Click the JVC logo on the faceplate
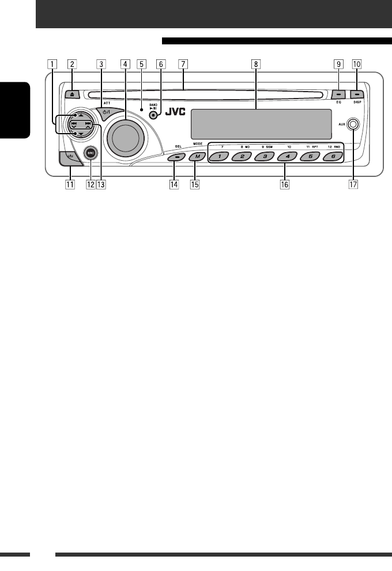click(174, 113)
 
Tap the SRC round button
click(89, 153)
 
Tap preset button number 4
click(286, 156)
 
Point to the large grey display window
click(255, 122)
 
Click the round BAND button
click(153, 115)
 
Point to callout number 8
click(255, 65)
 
